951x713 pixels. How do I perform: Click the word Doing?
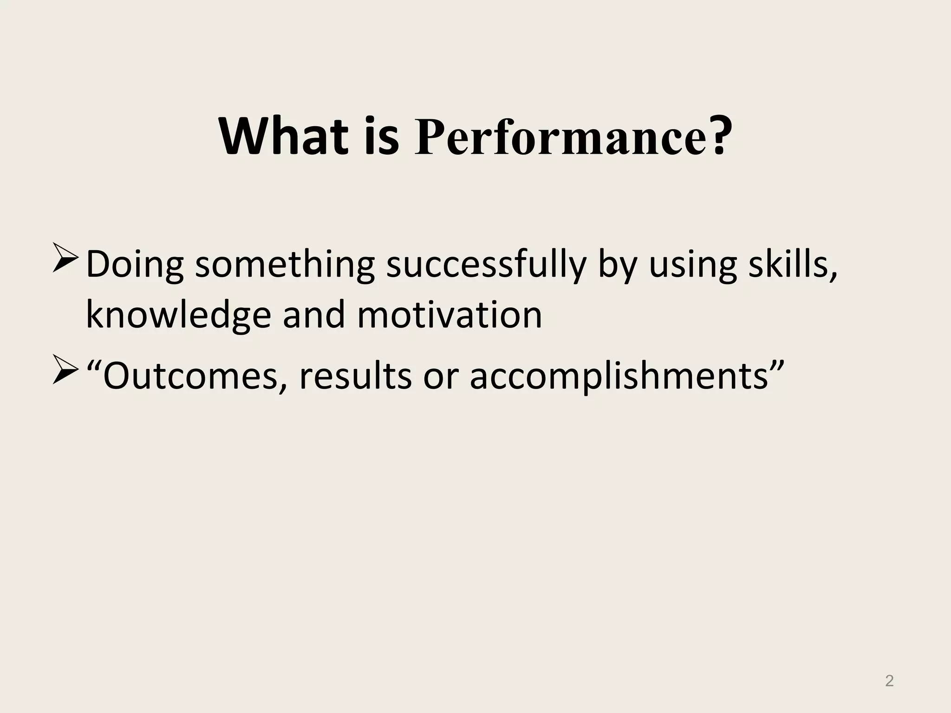point(135,265)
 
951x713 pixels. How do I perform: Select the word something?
point(284,265)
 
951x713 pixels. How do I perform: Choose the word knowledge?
point(178,316)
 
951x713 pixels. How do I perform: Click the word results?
point(355,376)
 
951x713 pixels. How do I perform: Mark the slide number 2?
point(889,681)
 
